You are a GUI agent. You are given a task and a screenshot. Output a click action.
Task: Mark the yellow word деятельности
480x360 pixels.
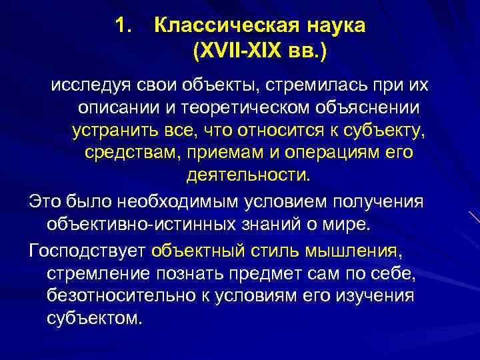(x=247, y=175)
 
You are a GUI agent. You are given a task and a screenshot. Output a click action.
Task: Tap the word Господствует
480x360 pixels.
(x=87, y=251)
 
